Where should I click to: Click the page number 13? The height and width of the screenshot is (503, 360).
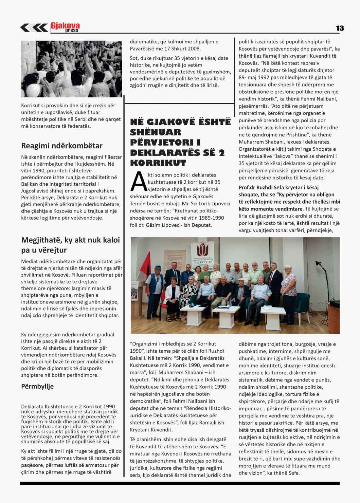coord(340,28)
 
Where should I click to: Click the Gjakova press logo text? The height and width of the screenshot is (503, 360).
coord(65,27)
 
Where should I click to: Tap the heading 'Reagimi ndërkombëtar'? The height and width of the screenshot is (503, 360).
coord(62,146)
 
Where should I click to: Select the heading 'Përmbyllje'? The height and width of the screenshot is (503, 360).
coord(37,386)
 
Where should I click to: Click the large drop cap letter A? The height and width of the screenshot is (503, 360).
coord(138,182)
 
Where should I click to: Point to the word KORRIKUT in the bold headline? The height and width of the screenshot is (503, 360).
coord(158,163)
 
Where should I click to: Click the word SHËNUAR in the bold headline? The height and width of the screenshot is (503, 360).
coord(156,132)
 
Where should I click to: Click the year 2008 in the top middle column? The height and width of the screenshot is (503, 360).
coord(194,49)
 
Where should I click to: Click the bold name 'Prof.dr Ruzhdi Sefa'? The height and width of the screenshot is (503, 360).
coord(262,187)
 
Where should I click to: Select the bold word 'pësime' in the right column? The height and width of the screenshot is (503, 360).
coord(275,408)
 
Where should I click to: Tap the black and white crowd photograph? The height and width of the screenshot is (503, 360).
coord(72,69)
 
